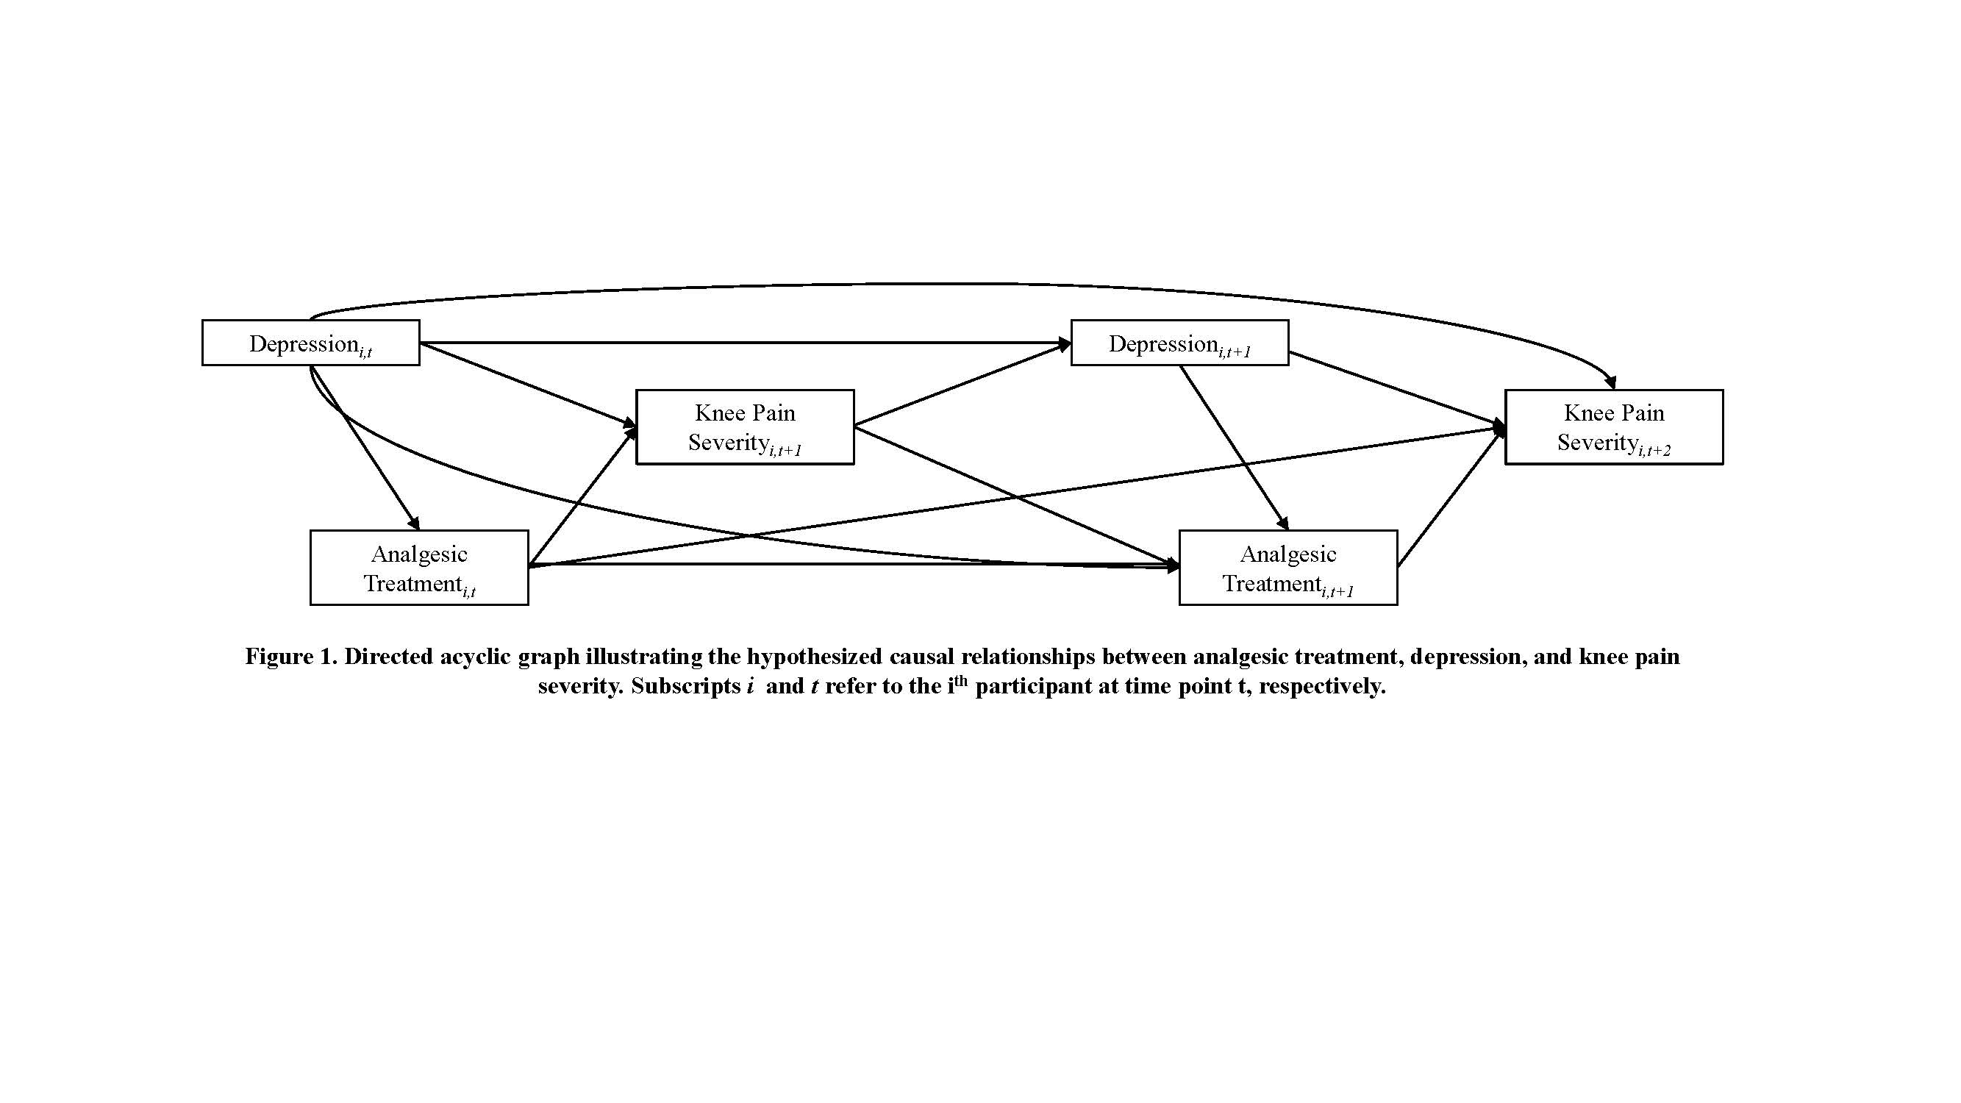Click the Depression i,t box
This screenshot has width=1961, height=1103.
(310, 343)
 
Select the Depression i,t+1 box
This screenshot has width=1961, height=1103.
(1179, 343)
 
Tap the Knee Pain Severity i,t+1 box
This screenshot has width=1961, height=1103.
(745, 427)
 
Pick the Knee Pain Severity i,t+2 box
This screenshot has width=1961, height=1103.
(1613, 427)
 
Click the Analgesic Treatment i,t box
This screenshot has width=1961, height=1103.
(418, 568)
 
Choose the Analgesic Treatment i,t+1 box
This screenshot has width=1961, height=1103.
(1288, 568)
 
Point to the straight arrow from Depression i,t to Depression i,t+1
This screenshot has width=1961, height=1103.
(746, 343)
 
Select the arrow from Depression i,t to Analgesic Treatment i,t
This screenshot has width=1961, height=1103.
(365, 449)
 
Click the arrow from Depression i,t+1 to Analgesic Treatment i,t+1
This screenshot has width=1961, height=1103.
(1233, 448)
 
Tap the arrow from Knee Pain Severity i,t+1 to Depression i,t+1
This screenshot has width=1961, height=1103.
(963, 385)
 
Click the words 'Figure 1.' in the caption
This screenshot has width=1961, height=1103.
(290, 657)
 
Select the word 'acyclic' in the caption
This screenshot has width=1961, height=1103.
(475, 657)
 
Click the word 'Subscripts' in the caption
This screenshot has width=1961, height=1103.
(685, 687)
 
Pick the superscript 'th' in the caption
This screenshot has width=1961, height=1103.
(960, 679)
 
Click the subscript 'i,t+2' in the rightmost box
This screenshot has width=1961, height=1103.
(1655, 451)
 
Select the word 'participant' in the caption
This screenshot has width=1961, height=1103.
(1033, 687)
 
